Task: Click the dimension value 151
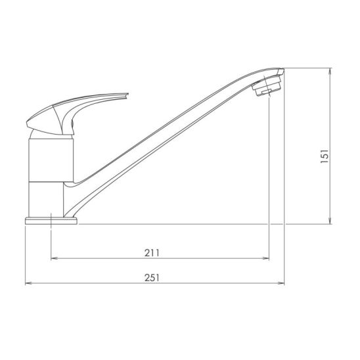point(325,156)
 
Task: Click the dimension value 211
point(152,253)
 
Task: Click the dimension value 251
point(152,278)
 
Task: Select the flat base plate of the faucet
point(51,221)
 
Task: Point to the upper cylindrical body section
point(51,160)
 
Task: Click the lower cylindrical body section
point(46,200)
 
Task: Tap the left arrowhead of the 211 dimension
point(53,259)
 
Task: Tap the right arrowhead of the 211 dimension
point(266,259)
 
